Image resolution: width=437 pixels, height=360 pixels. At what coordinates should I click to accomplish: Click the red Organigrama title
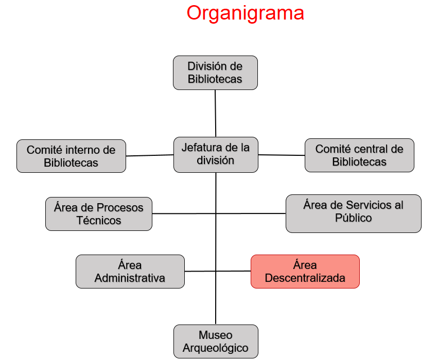pyautogui.click(x=245, y=13)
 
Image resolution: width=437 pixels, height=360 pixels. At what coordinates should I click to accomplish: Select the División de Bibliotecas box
pyautogui.click(x=215, y=73)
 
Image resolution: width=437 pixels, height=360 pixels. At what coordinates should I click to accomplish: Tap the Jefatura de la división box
pyautogui.click(x=216, y=154)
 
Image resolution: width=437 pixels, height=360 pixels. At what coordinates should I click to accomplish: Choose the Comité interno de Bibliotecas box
pyautogui.click(x=71, y=156)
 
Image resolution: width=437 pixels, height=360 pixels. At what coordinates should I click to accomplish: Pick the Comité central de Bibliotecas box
pyautogui.click(x=359, y=155)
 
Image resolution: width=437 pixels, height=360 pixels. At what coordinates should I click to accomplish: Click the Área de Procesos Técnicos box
pyautogui.click(x=99, y=213)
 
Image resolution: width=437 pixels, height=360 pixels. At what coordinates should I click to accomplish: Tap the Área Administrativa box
pyautogui.click(x=130, y=272)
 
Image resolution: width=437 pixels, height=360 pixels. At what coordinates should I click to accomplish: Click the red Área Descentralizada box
pyautogui.click(x=305, y=272)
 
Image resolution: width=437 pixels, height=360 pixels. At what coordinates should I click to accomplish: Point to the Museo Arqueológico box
pyautogui.click(x=216, y=341)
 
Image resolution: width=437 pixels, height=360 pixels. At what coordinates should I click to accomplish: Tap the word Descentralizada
pyautogui.click(x=305, y=278)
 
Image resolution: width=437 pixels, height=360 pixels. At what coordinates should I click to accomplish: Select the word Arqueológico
pyautogui.click(x=216, y=348)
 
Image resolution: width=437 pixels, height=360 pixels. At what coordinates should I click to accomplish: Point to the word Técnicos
pyautogui.click(x=99, y=221)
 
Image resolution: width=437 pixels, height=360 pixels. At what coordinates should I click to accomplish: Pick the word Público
pyautogui.click(x=353, y=218)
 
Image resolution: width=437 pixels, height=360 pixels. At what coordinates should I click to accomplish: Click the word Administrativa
pyautogui.click(x=130, y=278)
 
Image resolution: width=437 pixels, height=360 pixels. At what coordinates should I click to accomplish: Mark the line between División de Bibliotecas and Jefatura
pyautogui.click(x=215, y=113)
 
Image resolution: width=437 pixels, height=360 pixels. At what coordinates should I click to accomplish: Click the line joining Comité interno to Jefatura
pyautogui.click(x=149, y=155)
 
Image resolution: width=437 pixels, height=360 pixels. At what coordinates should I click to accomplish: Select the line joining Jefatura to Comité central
pyautogui.click(x=281, y=154)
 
